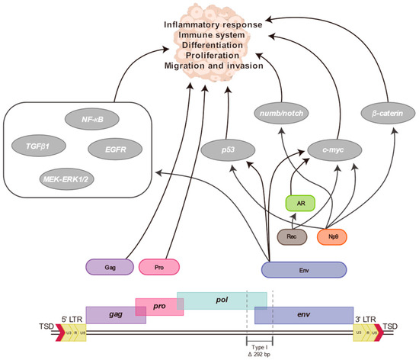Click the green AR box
tap(302, 204)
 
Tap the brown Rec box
tap(292, 238)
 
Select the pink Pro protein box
tap(159, 267)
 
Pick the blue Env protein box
tap(303, 268)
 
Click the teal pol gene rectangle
tap(222, 300)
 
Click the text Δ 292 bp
tap(260, 355)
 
